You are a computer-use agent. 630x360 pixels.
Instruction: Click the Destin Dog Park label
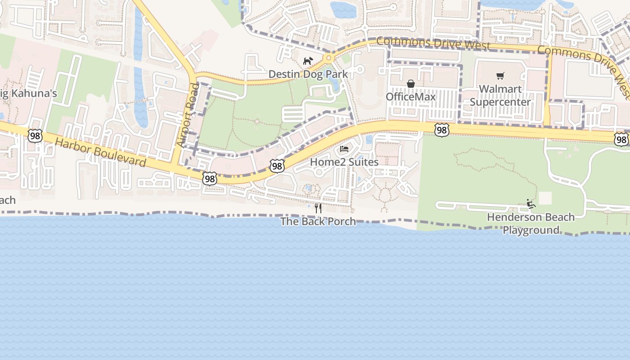[x=308, y=74]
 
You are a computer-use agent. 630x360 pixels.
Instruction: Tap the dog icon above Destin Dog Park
[x=308, y=61]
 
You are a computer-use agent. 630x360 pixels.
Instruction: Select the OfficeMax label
[x=410, y=97]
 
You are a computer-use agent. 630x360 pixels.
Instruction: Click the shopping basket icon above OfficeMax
[x=410, y=84]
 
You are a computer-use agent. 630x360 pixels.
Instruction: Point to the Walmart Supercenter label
[x=500, y=95]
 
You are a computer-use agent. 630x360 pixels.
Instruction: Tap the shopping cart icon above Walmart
[x=500, y=76]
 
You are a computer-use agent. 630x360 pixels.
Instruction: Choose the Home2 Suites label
[x=344, y=162]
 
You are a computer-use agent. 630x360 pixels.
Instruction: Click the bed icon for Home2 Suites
[x=344, y=149]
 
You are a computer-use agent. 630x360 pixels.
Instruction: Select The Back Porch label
[x=318, y=221]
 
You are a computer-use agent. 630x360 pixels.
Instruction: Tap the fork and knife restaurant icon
[x=318, y=208]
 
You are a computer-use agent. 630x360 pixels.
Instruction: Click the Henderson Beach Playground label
[x=531, y=224]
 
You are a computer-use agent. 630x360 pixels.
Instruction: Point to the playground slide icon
[x=531, y=204]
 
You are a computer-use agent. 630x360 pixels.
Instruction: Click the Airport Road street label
[x=188, y=114]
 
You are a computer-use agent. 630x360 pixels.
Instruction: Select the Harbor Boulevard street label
[x=101, y=153]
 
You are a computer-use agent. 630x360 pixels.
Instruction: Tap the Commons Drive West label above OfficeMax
[x=433, y=43]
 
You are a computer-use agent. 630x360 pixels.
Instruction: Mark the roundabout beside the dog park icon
[x=328, y=58]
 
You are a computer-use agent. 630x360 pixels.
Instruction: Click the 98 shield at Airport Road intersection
[x=210, y=179]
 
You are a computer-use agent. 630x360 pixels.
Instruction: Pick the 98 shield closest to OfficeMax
[x=441, y=130]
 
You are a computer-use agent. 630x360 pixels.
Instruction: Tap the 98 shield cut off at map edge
[x=621, y=139]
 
